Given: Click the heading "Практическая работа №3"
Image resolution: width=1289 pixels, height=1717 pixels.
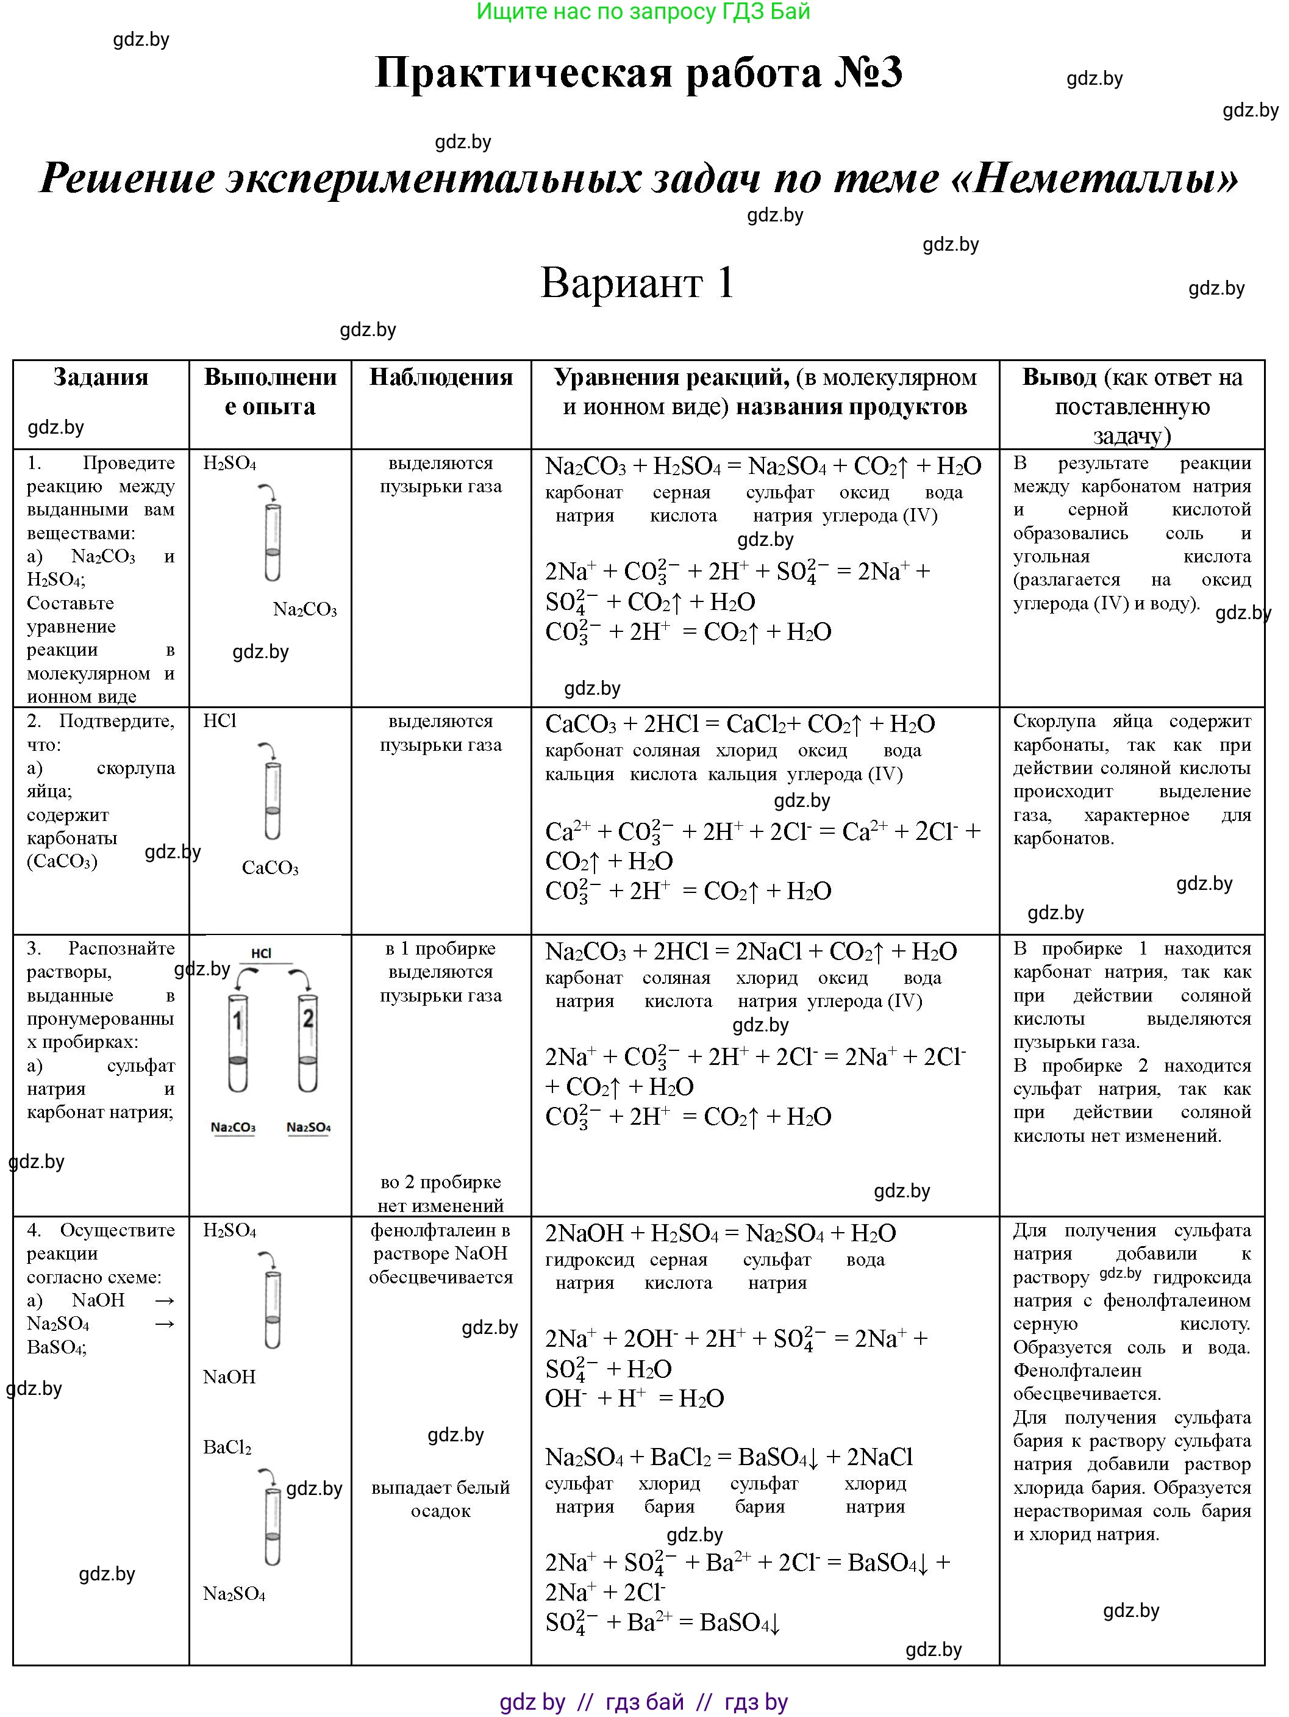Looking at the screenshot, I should [638, 73].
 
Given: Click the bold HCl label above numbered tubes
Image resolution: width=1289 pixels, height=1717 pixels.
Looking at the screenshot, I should [262, 953].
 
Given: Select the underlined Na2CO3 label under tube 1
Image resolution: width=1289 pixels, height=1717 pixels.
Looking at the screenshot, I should [233, 1127].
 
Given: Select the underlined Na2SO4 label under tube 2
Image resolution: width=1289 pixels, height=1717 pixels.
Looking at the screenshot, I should [309, 1127].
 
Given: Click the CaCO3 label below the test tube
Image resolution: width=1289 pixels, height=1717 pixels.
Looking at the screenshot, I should [270, 868].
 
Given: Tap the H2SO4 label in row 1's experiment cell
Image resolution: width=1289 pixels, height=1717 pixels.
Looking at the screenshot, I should [230, 464].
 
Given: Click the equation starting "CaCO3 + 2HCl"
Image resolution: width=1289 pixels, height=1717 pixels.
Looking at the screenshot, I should [740, 724].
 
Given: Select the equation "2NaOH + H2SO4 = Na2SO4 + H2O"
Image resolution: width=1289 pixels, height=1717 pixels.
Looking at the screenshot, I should [720, 1233].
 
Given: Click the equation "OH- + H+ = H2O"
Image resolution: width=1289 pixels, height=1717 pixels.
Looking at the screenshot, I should [634, 1399].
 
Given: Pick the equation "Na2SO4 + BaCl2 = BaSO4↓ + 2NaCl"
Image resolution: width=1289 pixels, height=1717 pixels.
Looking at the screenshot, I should [728, 1457].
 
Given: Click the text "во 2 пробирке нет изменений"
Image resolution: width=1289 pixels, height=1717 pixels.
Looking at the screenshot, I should [441, 1194].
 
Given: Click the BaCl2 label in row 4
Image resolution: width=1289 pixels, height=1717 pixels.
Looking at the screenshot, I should [227, 1447].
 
